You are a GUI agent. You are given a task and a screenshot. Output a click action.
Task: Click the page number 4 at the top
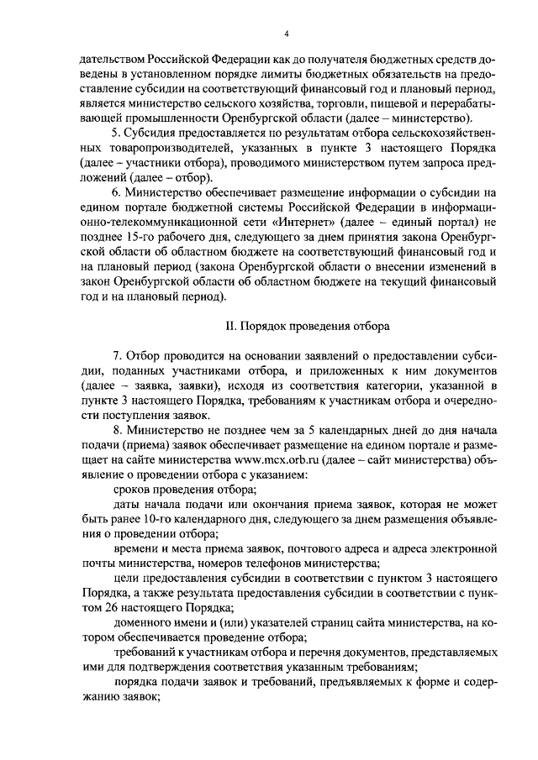click(x=286, y=34)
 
